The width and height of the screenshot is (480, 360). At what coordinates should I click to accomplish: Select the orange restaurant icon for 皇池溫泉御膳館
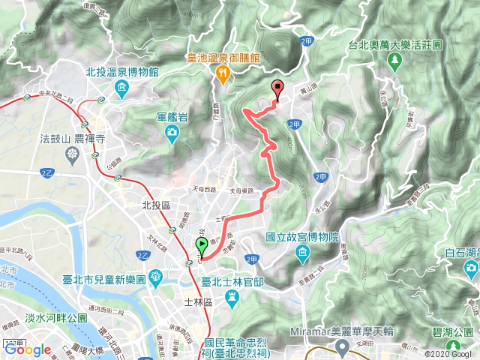223,72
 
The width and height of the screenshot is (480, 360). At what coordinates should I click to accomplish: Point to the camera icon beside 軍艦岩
172,133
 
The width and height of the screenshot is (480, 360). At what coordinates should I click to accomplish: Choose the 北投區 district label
136,204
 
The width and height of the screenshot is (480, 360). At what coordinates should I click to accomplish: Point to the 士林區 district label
199,301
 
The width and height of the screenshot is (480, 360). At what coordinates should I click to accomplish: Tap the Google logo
27,349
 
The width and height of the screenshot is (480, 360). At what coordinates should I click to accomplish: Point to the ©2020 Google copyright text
451,354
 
